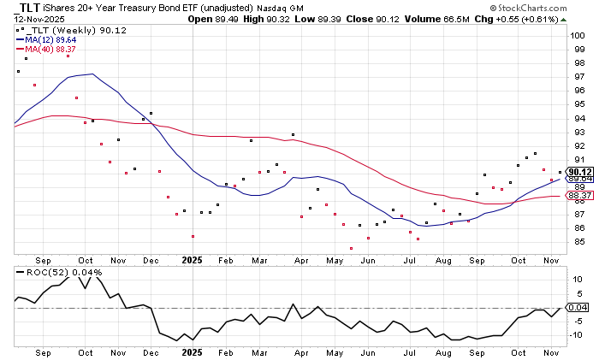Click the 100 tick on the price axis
click(x=578, y=35)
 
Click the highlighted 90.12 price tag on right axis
click(x=579, y=171)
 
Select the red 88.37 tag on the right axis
click(x=579, y=195)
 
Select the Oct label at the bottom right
click(x=519, y=351)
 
